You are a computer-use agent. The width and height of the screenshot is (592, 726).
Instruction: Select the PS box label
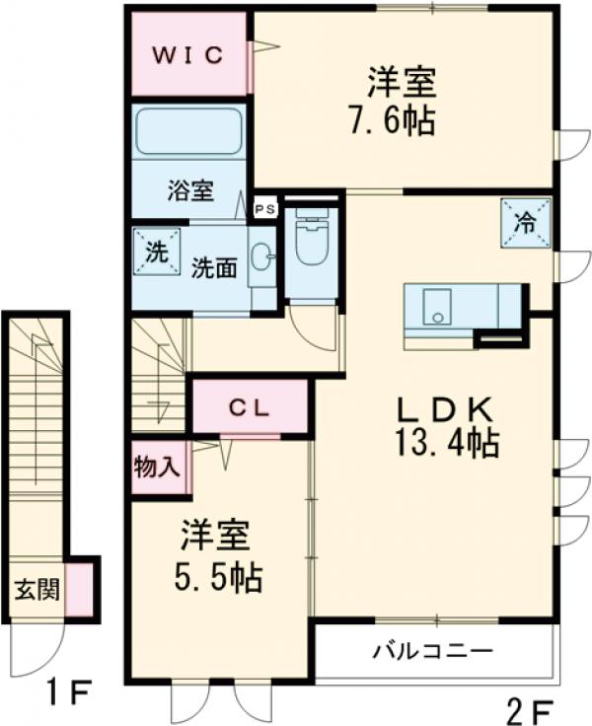point(264,208)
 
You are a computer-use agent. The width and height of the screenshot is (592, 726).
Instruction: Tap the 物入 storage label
point(157,467)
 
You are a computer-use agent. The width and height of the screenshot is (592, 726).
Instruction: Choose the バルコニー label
point(432,652)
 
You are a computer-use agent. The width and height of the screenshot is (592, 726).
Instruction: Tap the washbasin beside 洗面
point(261,258)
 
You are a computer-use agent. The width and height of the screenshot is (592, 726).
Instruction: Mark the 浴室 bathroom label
point(190,190)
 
